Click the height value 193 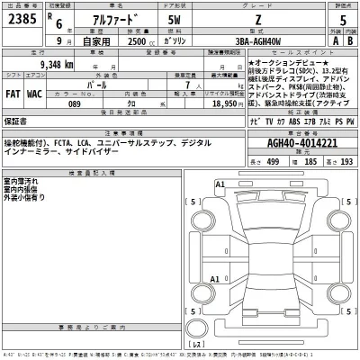pos(346,160)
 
